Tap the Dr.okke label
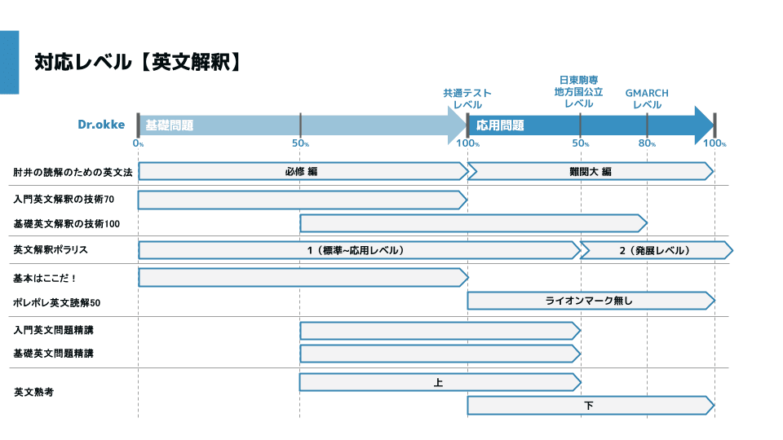click(101, 125)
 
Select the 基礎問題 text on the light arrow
click(169, 125)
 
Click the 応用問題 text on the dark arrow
click(500, 125)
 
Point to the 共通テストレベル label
click(467, 99)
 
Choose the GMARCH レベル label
click(647, 99)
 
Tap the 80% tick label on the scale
click(647, 144)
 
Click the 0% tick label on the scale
click(139, 144)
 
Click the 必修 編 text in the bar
click(301, 172)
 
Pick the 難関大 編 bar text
click(590, 172)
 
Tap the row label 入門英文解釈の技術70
click(64, 199)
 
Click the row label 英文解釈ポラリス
click(50, 250)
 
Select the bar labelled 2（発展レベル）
click(654, 250)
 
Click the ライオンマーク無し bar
click(589, 301)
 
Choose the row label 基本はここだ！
click(45, 278)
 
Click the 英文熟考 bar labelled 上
click(439, 382)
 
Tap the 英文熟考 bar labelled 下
click(589, 405)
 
